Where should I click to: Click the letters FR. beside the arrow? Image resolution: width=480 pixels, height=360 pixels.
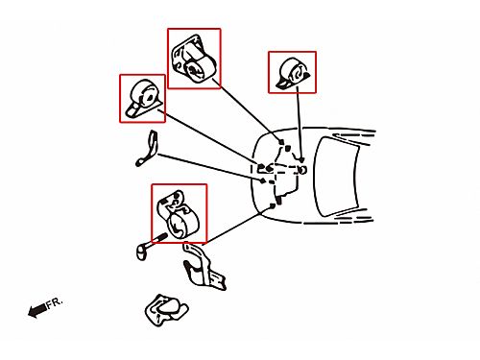click(x=55, y=302)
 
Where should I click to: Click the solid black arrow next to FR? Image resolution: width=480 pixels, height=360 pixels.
click(x=37, y=310)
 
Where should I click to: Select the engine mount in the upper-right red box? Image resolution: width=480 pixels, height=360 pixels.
click(x=293, y=73)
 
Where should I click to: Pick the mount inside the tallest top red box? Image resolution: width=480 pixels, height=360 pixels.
click(x=194, y=60)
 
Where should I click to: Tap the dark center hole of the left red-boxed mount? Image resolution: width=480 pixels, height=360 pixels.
click(x=149, y=97)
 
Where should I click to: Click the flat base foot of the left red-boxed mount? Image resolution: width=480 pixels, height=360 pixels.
click(x=133, y=111)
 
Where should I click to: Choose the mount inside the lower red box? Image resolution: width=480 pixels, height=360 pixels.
click(x=178, y=214)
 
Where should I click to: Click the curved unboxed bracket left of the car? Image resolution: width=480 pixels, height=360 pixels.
click(x=148, y=150)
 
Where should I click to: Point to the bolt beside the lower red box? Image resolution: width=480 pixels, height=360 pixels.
click(x=150, y=246)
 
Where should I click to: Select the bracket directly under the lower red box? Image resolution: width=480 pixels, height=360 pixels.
click(x=204, y=267)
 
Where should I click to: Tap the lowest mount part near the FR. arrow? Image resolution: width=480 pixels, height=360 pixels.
click(x=165, y=310)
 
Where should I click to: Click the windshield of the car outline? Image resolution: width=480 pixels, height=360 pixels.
click(x=336, y=177)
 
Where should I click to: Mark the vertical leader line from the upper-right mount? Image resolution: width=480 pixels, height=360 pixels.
click(x=300, y=123)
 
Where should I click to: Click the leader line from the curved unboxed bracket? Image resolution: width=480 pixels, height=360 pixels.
click(x=209, y=167)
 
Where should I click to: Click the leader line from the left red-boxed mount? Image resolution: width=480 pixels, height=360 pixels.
click(x=210, y=138)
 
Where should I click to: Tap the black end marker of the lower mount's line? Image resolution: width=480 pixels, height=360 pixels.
click(x=273, y=206)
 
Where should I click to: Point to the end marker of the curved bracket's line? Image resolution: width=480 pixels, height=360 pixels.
click(x=262, y=180)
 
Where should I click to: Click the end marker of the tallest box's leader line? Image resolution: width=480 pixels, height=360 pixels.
click(x=281, y=141)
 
